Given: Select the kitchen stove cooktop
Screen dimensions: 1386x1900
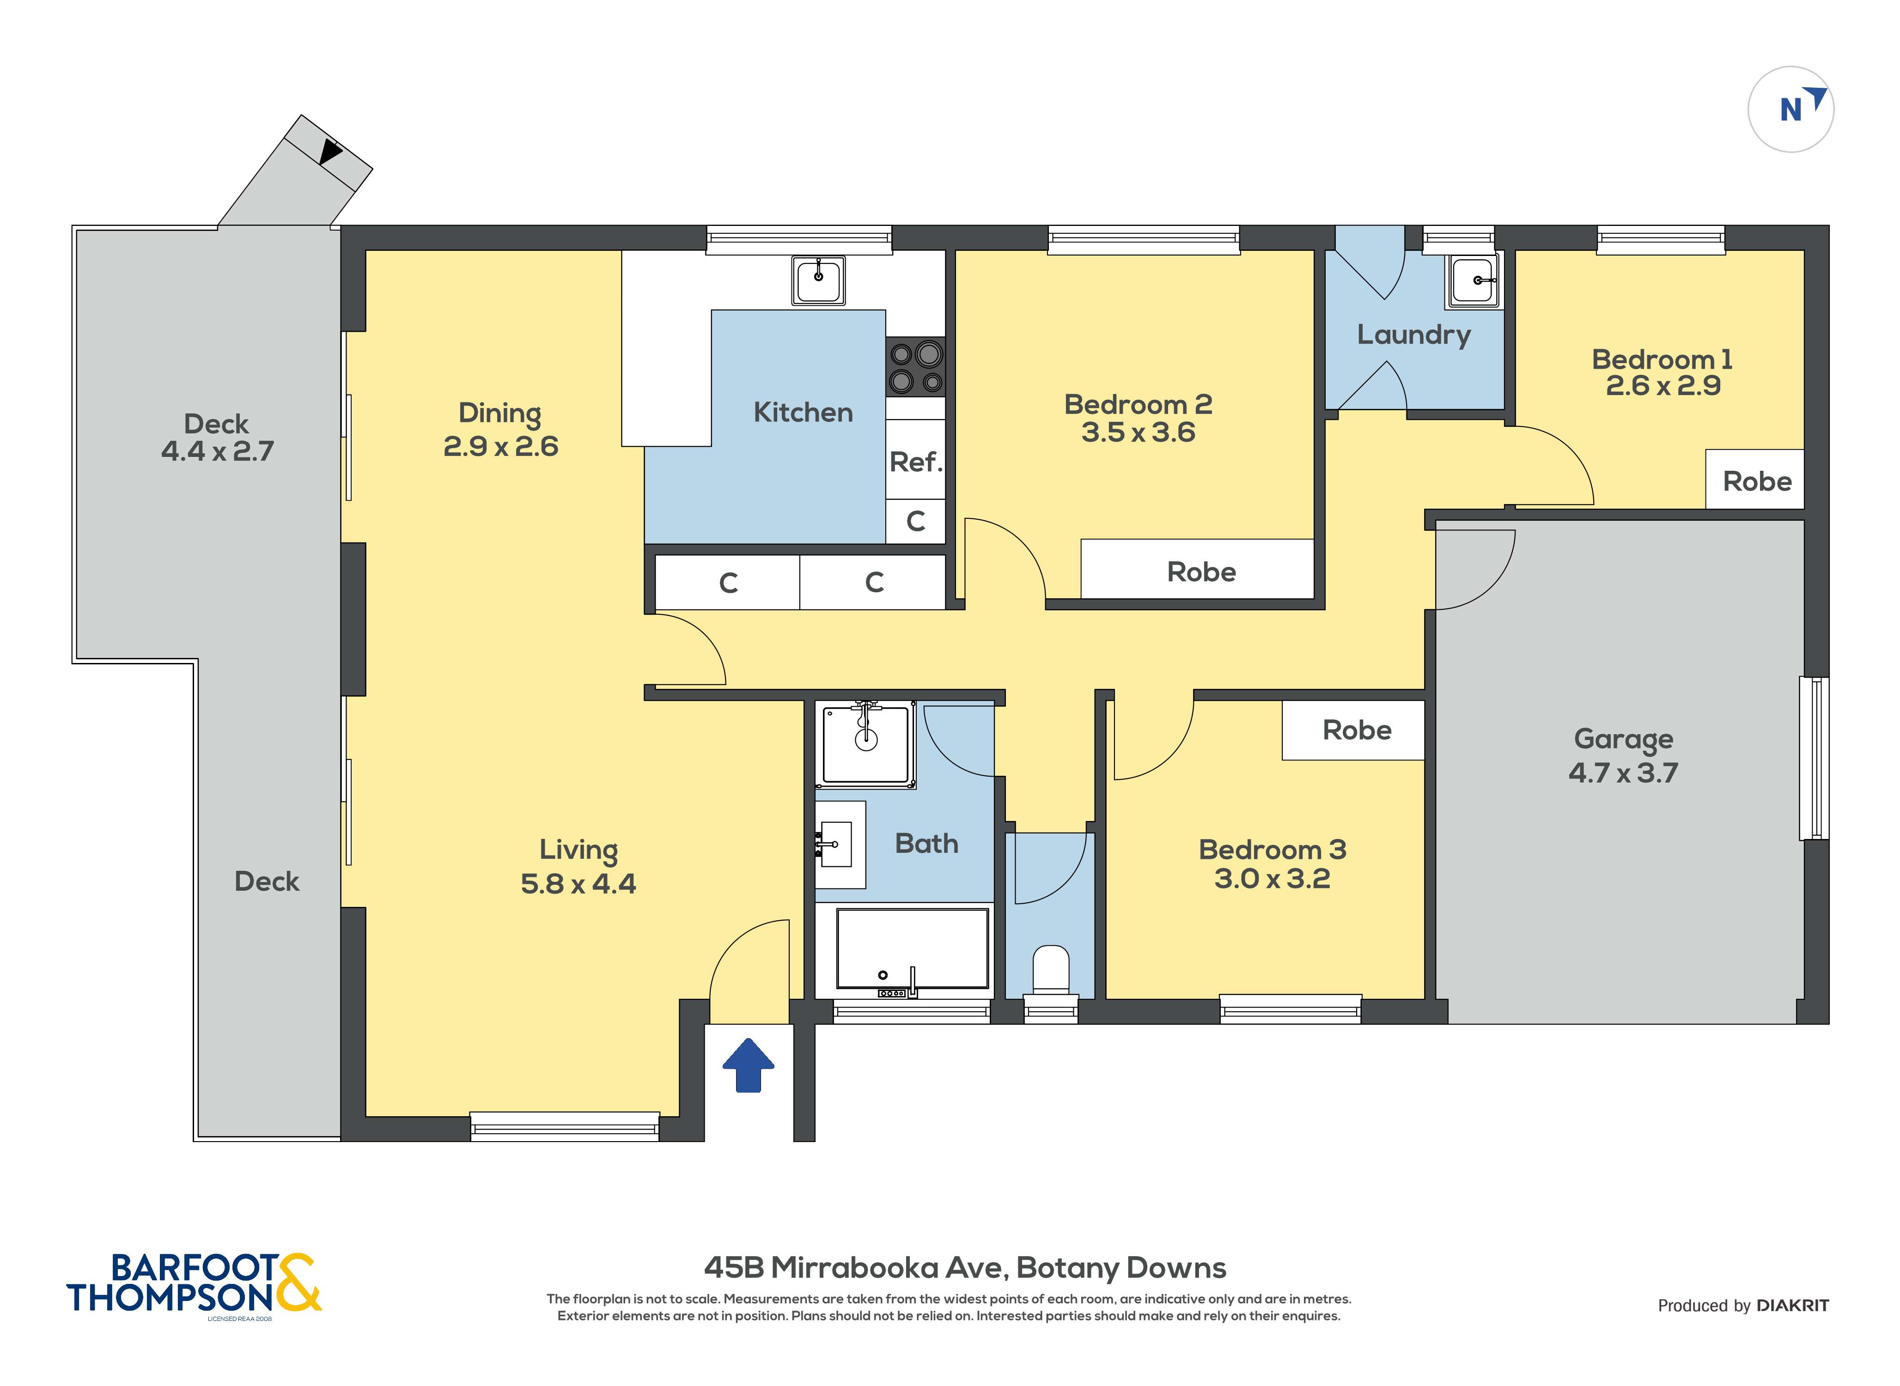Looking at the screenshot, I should click(x=915, y=367).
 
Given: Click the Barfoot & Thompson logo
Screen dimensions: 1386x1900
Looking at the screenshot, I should click(x=194, y=1283).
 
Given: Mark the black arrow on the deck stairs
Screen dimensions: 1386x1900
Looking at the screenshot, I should click(x=330, y=152).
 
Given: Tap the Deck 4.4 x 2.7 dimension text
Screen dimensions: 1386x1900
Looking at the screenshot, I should click(x=217, y=450).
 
